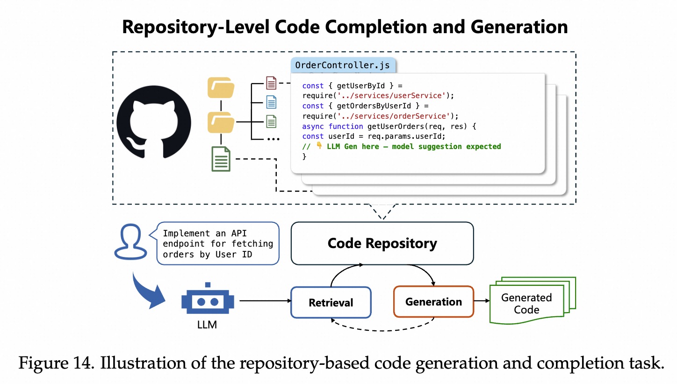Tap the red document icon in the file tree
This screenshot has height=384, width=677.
(x=271, y=83)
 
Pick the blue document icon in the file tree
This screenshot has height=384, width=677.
(x=271, y=102)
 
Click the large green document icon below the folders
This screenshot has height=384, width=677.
(x=221, y=159)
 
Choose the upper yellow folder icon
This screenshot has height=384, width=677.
(x=221, y=87)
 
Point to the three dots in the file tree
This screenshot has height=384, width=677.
(x=273, y=139)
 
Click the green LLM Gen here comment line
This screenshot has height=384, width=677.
(x=402, y=147)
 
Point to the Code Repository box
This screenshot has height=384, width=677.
(x=382, y=243)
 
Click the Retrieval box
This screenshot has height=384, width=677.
(x=331, y=303)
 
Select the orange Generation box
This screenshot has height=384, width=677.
(x=433, y=302)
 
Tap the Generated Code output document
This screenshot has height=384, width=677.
(x=527, y=303)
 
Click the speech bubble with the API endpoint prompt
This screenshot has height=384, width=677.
(x=218, y=244)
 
